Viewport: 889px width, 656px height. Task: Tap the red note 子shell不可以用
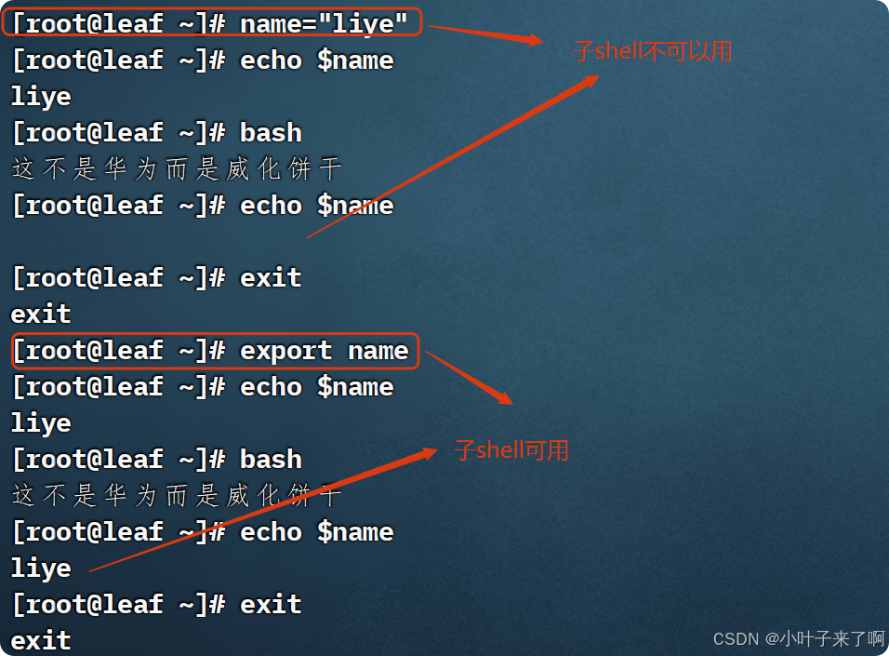(x=653, y=51)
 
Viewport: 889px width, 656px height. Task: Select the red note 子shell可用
(x=511, y=451)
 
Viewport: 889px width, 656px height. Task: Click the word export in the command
(x=285, y=351)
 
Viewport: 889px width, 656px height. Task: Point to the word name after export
(x=378, y=351)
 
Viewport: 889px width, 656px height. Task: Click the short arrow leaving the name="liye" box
(x=484, y=33)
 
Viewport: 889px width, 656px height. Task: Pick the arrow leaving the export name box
(x=470, y=378)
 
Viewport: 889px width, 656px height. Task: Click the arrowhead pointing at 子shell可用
(x=430, y=452)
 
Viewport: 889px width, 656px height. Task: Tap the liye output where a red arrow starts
(x=41, y=569)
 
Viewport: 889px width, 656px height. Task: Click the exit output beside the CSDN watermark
(x=41, y=640)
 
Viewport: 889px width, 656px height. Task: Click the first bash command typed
(x=271, y=132)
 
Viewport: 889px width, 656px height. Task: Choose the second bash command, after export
(x=271, y=460)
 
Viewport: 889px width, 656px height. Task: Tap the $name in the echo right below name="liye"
(x=355, y=60)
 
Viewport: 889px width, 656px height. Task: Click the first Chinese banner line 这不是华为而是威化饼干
(x=177, y=168)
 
